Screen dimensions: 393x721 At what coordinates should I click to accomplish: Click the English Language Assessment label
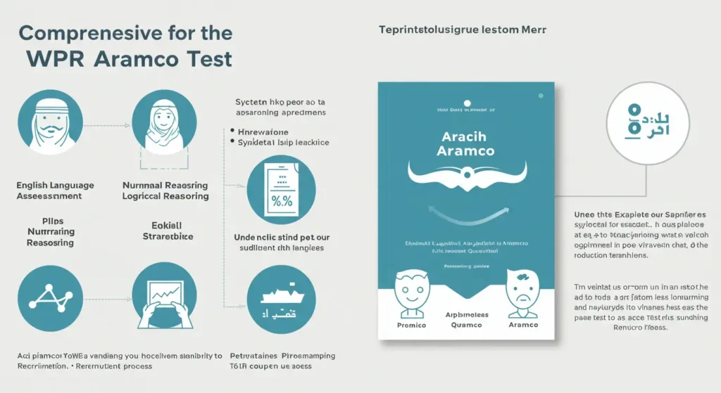(x=55, y=191)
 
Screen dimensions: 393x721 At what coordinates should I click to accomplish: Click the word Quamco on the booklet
(x=465, y=325)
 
